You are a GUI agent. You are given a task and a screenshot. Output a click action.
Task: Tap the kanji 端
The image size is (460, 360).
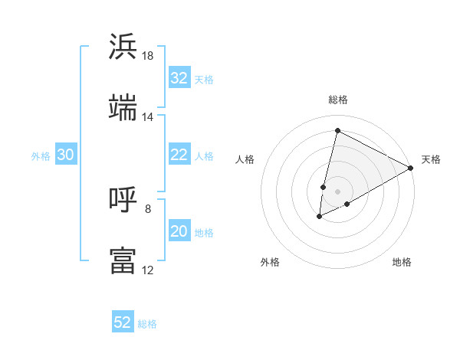pyautogui.click(x=123, y=107)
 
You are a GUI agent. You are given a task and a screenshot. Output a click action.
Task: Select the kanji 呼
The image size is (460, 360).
pyautogui.click(x=123, y=201)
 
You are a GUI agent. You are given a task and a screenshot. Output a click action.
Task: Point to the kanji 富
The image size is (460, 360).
pyautogui.click(x=123, y=260)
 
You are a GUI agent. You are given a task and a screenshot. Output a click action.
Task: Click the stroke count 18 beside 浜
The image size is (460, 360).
pyautogui.click(x=148, y=56)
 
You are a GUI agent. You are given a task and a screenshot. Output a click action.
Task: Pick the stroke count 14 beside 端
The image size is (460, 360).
pyautogui.click(x=148, y=116)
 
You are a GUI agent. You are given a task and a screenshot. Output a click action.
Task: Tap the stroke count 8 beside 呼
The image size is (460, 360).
pyautogui.click(x=148, y=208)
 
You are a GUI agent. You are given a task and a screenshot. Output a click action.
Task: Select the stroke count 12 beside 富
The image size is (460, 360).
pyautogui.click(x=148, y=270)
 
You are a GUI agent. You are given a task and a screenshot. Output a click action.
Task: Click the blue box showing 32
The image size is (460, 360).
pyautogui.click(x=179, y=78)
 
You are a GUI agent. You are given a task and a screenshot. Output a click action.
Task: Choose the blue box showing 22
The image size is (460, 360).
pyautogui.click(x=179, y=155)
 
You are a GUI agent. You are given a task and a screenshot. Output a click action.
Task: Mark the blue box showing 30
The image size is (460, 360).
pyautogui.click(x=65, y=155)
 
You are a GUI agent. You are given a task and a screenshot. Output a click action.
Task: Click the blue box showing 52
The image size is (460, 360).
pyautogui.click(x=123, y=322)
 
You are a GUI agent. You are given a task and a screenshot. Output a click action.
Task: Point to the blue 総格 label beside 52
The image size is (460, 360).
pyautogui.click(x=147, y=324)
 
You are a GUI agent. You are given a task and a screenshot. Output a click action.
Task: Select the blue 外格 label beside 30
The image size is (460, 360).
pyautogui.click(x=41, y=156)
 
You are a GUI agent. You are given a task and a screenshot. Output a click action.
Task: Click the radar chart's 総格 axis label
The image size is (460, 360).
pyautogui.click(x=337, y=100)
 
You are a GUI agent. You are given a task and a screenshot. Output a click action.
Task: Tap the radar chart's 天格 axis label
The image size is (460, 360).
pyautogui.click(x=431, y=159)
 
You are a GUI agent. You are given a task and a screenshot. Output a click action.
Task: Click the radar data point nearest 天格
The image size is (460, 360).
pyautogui.click(x=411, y=168)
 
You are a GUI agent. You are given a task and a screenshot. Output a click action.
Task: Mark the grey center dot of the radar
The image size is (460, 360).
pyautogui.click(x=337, y=191)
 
